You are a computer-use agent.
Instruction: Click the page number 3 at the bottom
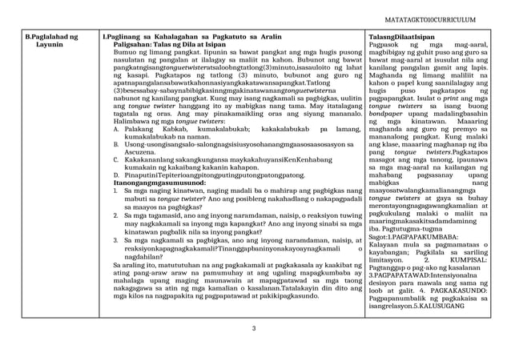click(254, 329)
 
